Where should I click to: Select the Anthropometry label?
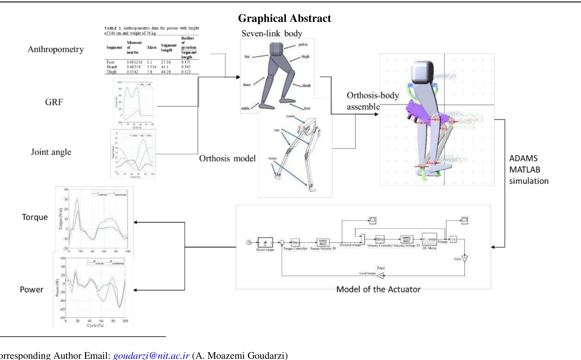(56, 49)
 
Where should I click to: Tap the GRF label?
(54, 102)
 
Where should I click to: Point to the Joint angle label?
(51, 152)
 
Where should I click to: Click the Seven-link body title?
(272, 34)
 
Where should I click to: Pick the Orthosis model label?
(227, 158)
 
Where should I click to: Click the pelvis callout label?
(303, 45)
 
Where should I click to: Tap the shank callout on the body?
(306, 86)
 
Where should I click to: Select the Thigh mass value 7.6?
(150, 72)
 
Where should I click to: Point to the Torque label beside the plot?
(35, 217)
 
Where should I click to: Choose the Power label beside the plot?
(31, 290)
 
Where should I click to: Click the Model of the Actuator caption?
(378, 289)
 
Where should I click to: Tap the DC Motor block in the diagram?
(429, 240)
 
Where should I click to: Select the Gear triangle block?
(464, 259)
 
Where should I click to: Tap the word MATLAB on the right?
(524, 170)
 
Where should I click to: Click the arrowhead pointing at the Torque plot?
(135, 222)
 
